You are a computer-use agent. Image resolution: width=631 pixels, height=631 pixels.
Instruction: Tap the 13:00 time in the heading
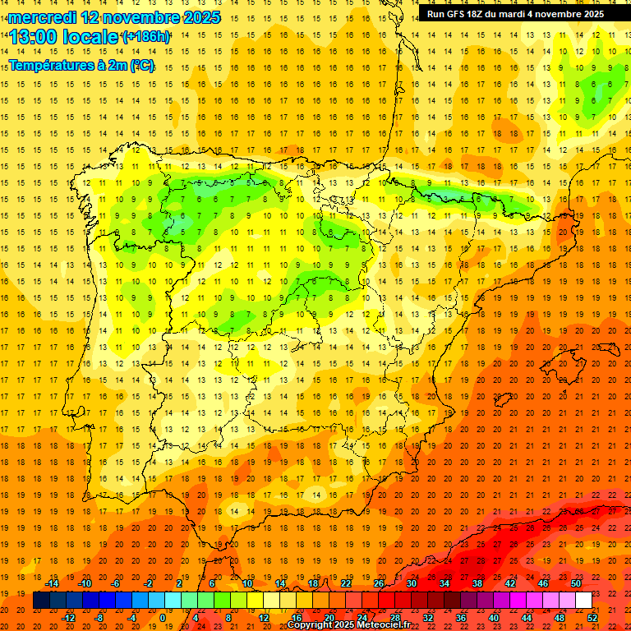pos(36,37)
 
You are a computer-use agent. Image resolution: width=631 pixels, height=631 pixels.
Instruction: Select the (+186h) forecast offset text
pos(146,37)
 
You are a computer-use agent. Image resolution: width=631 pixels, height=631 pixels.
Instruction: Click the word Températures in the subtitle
pos(51,65)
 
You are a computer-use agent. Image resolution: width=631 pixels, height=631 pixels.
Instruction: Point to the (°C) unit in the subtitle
pos(141,65)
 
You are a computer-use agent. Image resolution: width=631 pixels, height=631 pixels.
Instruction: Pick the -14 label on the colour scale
pos(52,583)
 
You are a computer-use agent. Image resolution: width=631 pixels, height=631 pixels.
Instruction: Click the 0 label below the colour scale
pos(162,618)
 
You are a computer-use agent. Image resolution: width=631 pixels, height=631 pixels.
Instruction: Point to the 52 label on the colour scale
pos(593,618)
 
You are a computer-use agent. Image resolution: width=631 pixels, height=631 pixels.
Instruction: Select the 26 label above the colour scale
pos(379,583)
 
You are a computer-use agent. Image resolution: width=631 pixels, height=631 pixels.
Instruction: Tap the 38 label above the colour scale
pos(477,583)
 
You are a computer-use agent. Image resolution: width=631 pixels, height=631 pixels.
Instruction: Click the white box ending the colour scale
pos(583,601)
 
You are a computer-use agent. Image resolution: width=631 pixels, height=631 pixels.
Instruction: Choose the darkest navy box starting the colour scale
pos(41,601)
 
